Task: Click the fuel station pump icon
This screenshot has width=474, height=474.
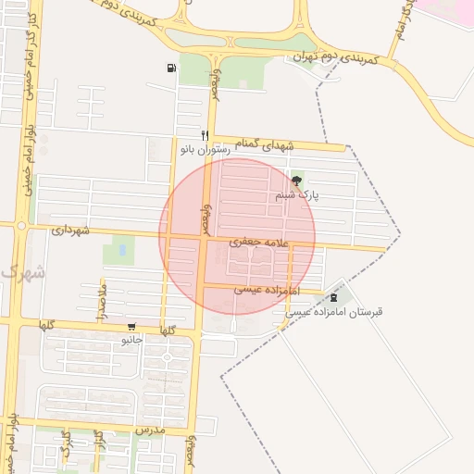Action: [171, 68]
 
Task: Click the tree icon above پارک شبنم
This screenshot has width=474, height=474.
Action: [296, 181]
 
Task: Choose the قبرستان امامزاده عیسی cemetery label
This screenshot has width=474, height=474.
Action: [332, 312]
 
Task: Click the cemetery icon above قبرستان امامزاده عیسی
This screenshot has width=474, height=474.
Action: [333, 297]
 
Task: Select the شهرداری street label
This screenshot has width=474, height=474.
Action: [70, 229]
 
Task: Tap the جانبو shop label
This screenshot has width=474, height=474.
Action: [133, 340]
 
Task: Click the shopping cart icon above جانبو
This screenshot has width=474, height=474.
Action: [133, 327]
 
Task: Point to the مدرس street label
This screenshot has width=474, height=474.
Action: [148, 430]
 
